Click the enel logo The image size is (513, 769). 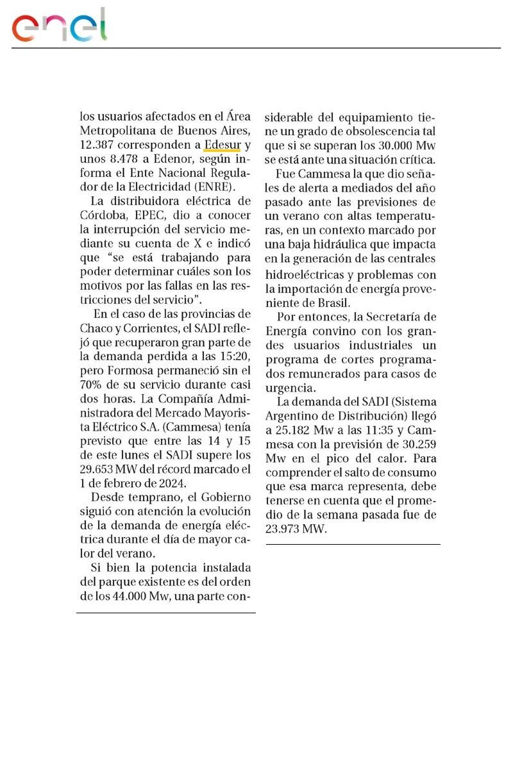pos(59,27)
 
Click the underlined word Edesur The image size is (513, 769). pos(221,145)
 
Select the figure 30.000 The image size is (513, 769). pos(396,145)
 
